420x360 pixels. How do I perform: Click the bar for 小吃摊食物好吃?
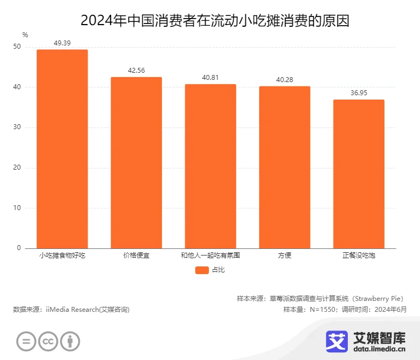62,149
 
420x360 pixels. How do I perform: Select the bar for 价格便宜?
136,162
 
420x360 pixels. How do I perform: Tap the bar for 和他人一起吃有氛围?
211,166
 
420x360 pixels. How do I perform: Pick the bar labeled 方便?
284,167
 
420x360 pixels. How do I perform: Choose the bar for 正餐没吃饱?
359,174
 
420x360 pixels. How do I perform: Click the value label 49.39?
62,42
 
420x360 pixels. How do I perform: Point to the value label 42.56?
136,70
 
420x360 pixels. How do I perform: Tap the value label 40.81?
211,77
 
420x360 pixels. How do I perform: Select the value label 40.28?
284,79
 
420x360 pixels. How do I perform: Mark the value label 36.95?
359,93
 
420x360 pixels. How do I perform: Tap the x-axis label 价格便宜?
136,256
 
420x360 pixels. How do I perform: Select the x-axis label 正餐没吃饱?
359,256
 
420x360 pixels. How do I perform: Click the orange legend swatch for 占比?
201,270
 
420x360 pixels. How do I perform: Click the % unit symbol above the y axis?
25,35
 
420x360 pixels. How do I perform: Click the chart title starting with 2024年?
210,20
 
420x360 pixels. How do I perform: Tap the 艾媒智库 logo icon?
337,340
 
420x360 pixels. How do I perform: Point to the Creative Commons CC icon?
48,341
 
